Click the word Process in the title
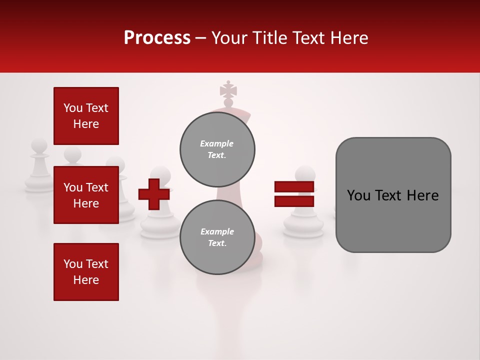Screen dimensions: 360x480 click(157, 38)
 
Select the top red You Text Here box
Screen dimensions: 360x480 click(86, 116)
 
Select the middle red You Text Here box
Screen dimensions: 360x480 click(86, 195)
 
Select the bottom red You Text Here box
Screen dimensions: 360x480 click(86, 272)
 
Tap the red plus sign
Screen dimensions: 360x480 click(153, 194)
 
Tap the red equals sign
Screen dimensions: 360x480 click(294, 194)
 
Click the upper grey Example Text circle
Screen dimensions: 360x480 click(217, 149)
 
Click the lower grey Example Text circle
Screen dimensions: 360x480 click(217, 237)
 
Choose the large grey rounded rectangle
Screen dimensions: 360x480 click(393, 195)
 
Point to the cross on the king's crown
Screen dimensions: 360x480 click(228, 91)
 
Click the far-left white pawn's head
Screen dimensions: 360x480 click(39, 146)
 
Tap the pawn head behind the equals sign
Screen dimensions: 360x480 click(304, 174)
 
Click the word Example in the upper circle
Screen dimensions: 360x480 click(217, 144)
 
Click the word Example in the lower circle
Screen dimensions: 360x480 click(217, 232)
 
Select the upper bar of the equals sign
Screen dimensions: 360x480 click(294, 186)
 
